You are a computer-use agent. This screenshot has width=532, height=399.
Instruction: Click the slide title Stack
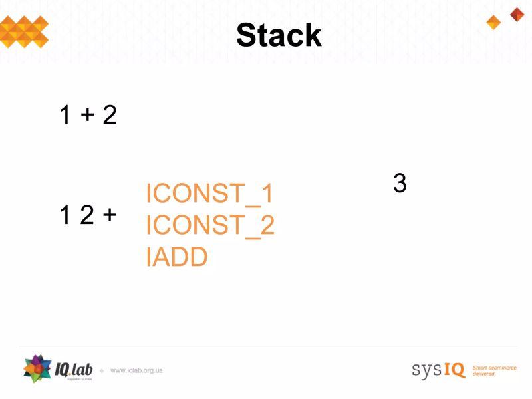[x=279, y=35]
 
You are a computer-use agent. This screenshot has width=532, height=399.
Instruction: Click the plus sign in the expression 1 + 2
[x=87, y=116]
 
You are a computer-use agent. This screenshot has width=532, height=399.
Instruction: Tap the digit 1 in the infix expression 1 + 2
[x=65, y=116]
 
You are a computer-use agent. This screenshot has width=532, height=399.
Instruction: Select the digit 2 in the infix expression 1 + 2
[x=110, y=116]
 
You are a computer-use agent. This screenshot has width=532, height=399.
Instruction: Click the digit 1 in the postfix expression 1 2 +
[x=65, y=215]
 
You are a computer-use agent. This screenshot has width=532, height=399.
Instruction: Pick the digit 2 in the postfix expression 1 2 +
[x=86, y=215]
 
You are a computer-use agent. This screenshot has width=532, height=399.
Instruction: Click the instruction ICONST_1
[x=209, y=194]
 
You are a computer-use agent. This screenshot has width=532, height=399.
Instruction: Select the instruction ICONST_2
[x=209, y=225]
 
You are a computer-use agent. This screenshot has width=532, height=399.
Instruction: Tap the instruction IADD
[x=177, y=257]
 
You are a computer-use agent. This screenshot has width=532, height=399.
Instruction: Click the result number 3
[x=400, y=183]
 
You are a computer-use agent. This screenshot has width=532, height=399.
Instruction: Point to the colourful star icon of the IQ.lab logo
[x=37, y=369]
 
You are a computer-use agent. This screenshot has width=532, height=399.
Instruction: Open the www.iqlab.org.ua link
[x=136, y=370]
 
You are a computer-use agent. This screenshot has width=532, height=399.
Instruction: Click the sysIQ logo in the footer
[x=438, y=370]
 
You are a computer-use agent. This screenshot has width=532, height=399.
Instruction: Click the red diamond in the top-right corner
[x=517, y=14]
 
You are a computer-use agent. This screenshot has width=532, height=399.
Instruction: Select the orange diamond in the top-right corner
[x=493, y=23]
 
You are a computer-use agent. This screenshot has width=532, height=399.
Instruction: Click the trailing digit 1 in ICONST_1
[x=267, y=194]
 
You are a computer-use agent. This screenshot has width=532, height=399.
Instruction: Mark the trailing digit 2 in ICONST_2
[x=267, y=225]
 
